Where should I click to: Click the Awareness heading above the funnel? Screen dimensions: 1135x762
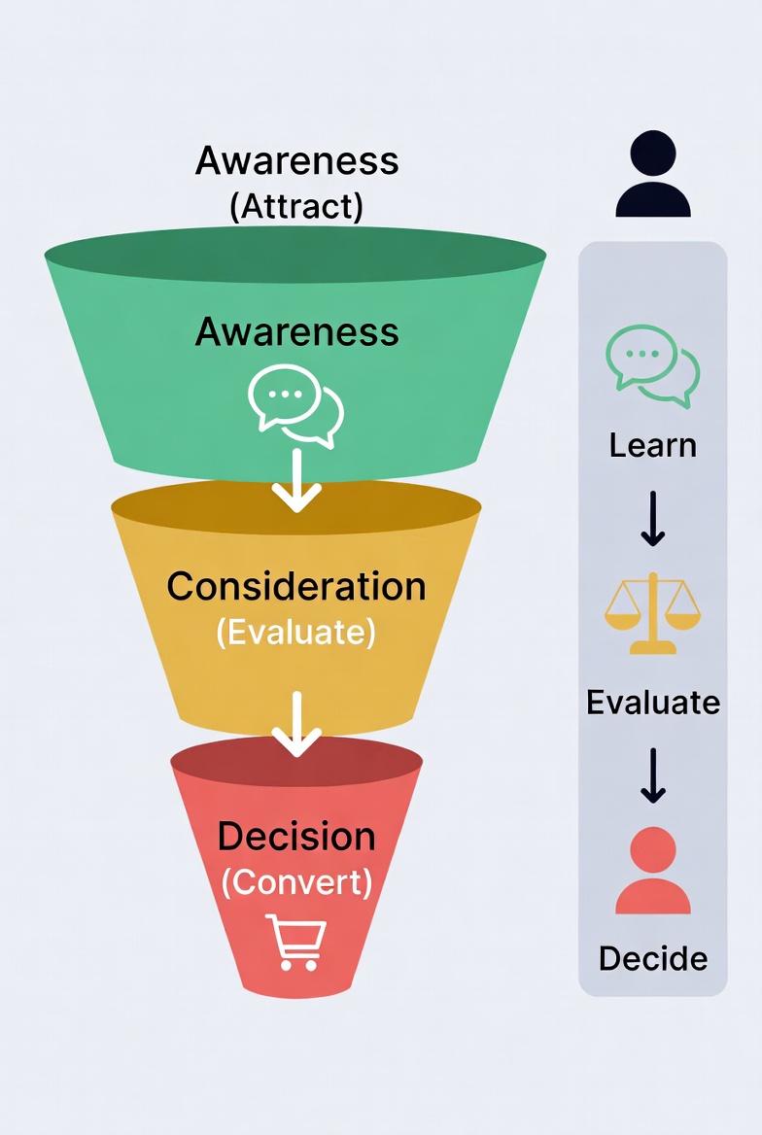[x=296, y=160]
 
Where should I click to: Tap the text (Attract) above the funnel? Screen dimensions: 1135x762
[x=296, y=206]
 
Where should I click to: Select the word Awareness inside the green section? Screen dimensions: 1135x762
[x=296, y=332]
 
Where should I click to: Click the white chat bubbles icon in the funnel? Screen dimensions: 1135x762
[x=295, y=403]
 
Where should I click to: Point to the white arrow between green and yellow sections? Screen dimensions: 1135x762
[x=296, y=481]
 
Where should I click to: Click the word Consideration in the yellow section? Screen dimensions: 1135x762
[x=296, y=587]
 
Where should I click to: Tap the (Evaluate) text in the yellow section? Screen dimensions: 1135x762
[x=296, y=633]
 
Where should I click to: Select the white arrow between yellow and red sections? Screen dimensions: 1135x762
[x=296, y=724]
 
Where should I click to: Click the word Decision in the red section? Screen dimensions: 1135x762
[x=296, y=837]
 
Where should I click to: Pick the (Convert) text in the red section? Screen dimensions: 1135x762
[x=296, y=882]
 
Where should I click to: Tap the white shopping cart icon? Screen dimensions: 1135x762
[x=296, y=942]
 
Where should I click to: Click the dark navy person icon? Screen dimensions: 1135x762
[x=653, y=175]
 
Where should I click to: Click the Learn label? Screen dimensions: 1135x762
[x=653, y=446]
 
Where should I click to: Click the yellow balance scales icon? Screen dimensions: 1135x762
[x=653, y=613]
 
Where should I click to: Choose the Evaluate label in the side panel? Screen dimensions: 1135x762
[x=653, y=702]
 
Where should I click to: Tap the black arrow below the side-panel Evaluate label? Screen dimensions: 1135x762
[x=653, y=775]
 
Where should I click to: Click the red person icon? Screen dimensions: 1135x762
[x=653, y=871]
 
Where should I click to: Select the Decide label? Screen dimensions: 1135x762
[x=653, y=958]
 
